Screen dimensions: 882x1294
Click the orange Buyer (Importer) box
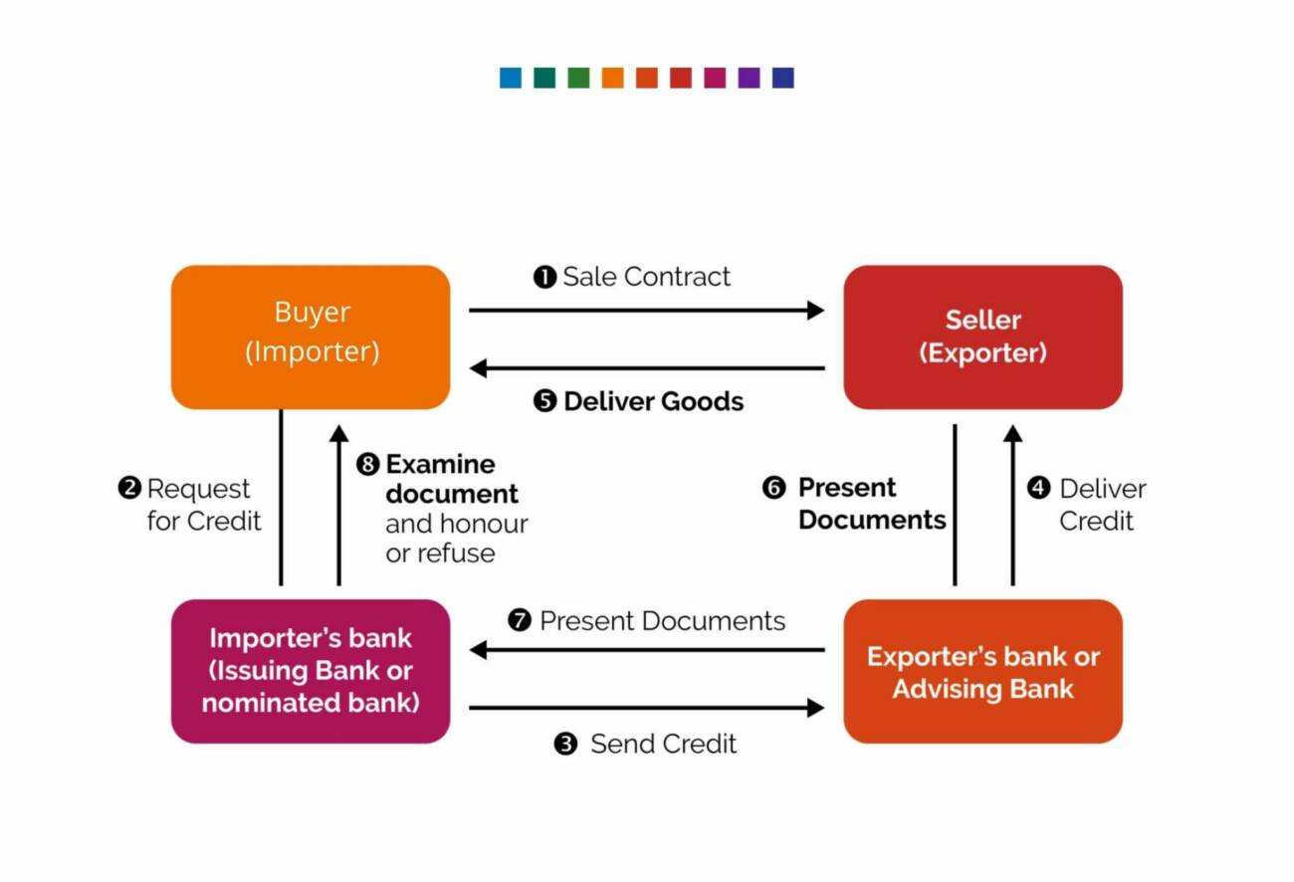(x=311, y=336)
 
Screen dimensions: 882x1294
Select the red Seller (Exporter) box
(x=982, y=336)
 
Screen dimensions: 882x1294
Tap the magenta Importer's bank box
(x=311, y=670)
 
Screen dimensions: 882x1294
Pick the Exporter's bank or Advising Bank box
(x=982, y=671)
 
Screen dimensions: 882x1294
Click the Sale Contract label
(x=645, y=277)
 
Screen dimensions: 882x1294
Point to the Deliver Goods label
(x=652, y=401)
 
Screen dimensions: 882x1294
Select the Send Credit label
(x=662, y=744)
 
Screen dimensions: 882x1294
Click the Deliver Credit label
(x=1101, y=505)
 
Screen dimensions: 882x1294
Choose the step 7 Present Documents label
(x=661, y=621)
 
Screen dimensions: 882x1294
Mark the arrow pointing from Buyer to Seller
(x=647, y=311)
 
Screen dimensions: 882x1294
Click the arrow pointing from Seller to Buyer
(x=647, y=368)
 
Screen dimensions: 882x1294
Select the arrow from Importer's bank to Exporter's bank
(x=647, y=708)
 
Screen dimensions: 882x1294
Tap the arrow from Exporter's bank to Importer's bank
(x=647, y=650)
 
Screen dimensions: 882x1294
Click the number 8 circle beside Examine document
(x=368, y=465)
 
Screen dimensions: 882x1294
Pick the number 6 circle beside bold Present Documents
(x=773, y=488)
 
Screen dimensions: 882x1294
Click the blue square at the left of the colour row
(x=511, y=78)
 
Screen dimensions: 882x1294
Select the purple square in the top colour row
(x=749, y=78)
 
